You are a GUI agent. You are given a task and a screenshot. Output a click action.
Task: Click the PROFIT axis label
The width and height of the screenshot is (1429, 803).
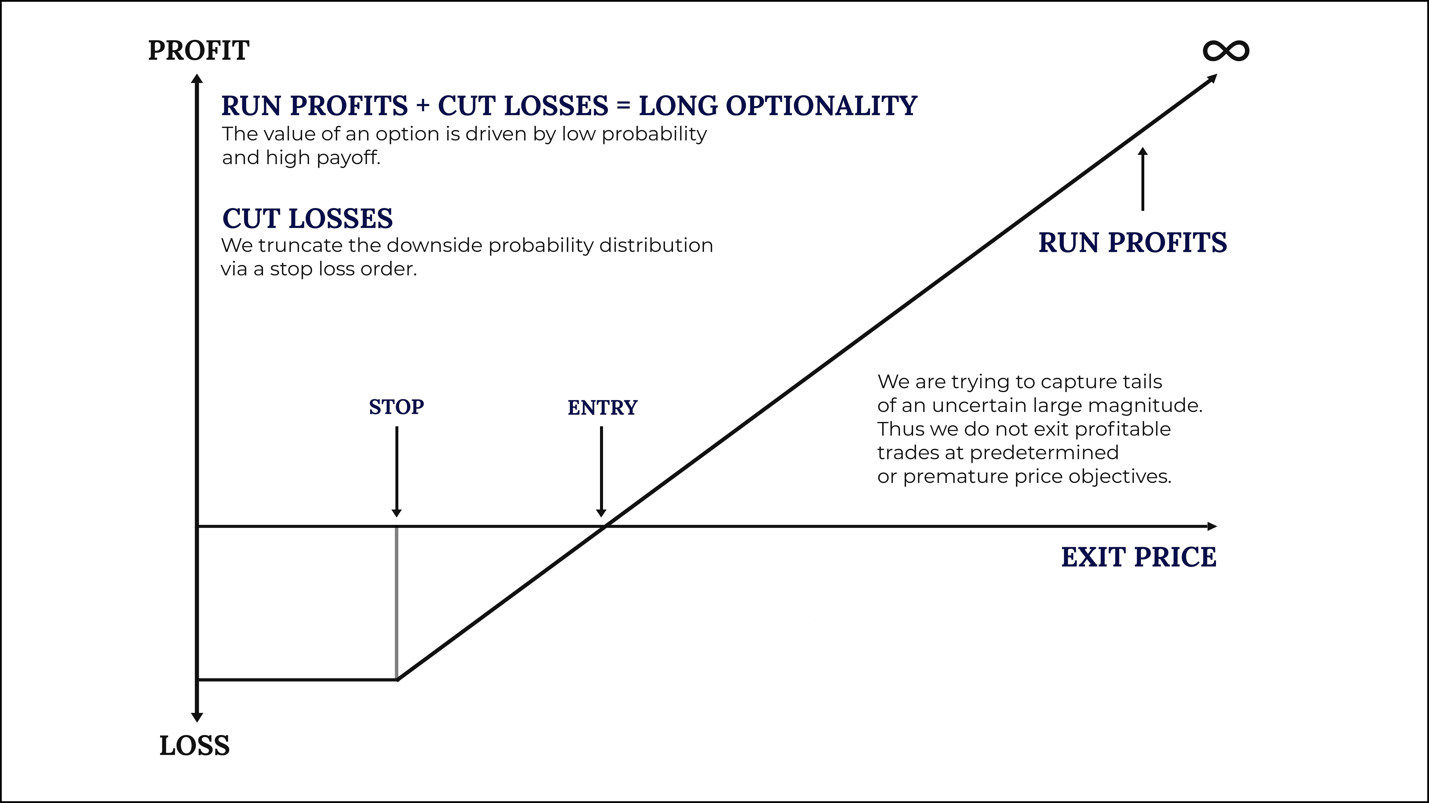click(x=199, y=51)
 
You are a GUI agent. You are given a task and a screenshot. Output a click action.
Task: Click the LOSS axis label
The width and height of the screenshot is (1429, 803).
click(x=194, y=746)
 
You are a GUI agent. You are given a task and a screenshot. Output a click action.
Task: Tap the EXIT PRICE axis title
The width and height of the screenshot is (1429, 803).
click(x=1138, y=557)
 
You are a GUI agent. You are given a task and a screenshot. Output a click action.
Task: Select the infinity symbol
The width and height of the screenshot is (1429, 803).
click(x=1226, y=51)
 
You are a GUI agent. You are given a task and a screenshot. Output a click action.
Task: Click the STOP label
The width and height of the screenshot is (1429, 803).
click(x=396, y=407)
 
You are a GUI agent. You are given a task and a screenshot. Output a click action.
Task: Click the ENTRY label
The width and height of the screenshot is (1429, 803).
click(x=602, y=408)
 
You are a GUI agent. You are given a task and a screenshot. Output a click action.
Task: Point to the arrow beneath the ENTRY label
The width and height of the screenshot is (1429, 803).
click(x=601, y=471)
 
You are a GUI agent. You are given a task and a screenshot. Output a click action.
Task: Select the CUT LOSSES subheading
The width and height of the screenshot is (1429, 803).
click(x=307, y=218)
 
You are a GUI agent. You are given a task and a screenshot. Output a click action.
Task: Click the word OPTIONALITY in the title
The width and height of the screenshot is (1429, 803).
click(x=821, y=106)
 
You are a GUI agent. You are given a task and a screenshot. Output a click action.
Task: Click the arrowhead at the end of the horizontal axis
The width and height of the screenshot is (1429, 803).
click(x=1212, y=526)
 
